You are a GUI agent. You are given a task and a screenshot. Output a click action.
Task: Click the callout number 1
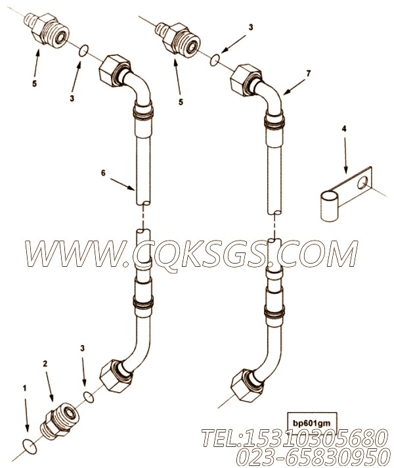tap(25, 388)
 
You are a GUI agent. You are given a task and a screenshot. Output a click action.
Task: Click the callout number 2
tap(45, 363)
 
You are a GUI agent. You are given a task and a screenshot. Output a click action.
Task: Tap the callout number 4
tap(344, 129)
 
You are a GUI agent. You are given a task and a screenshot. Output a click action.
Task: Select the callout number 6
tap(103, 173)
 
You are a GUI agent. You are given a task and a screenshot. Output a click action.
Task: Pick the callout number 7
tap(309, 73)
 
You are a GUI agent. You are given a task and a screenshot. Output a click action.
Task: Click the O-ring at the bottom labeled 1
tap(30, 446)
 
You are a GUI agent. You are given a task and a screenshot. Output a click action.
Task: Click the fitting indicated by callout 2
tap(60, 418)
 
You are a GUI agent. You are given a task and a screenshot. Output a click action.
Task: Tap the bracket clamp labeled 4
tap(346, 195)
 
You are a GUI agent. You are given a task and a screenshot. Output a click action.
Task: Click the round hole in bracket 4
tap(362, 182)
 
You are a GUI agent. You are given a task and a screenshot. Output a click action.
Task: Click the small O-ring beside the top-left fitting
tap(83, 51)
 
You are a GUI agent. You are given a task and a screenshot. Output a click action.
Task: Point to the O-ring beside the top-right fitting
tap(215, 60)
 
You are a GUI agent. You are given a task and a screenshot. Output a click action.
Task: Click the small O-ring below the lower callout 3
tap(89, 396)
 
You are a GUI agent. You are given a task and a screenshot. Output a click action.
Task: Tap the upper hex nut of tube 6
tap(114, 70)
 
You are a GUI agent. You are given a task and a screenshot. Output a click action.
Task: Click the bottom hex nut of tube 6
tap(116, 376)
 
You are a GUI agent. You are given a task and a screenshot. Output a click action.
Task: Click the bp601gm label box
tap(312, 423)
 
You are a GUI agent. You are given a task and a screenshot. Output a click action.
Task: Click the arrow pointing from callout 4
tap(345, 156)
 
